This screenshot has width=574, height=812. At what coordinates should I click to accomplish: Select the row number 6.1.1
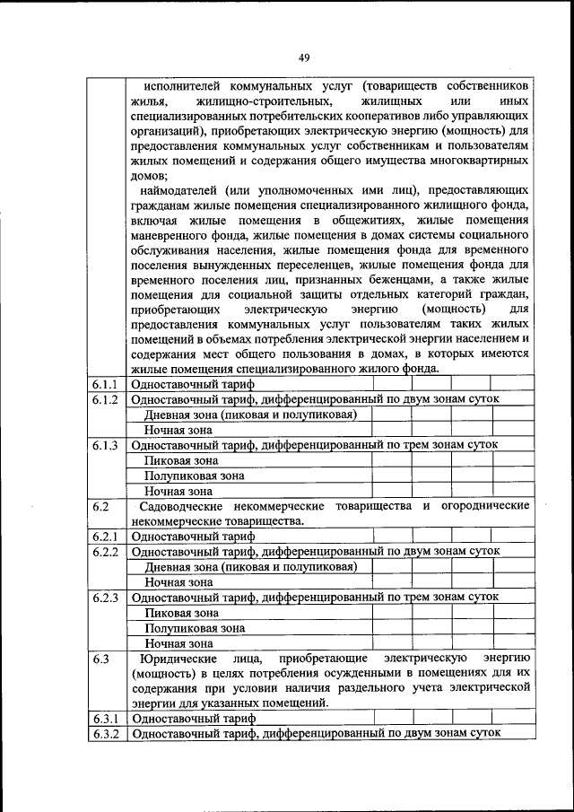pos(105,384)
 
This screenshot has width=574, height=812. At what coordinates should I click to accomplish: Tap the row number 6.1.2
pos(105,399)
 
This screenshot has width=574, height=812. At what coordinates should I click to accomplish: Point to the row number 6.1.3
pos(105,445)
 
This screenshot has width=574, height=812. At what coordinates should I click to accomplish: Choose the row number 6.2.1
pos(105,537)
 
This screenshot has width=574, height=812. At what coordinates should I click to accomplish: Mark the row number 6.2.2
pos(105,552)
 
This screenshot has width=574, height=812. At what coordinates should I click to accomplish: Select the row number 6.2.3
pos(105,598)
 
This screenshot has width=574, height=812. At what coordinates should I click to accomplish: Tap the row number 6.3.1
pos(105,719)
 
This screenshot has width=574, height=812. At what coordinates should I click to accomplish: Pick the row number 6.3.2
pos(105,734)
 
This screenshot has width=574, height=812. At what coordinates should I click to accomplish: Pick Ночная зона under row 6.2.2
pos(179,582)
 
